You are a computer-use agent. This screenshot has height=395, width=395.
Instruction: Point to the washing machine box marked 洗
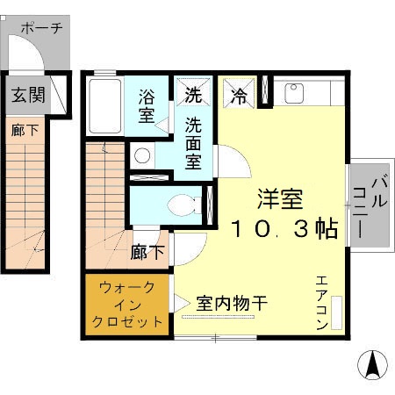(x=192, y=91)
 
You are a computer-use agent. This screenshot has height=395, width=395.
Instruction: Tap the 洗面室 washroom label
(x=194, y=142)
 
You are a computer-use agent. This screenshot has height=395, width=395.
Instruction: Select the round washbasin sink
(x=142, y=156)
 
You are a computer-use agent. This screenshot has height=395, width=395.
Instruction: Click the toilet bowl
(x=183, y=205)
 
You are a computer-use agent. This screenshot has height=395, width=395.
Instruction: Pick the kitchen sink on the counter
(x=292, y=91)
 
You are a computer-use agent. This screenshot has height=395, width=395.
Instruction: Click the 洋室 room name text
(x=276, y=198)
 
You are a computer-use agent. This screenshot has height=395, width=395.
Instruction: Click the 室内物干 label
(x=232, y=304)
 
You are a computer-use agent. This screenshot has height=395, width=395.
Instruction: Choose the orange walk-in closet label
(x=128, y=304)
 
